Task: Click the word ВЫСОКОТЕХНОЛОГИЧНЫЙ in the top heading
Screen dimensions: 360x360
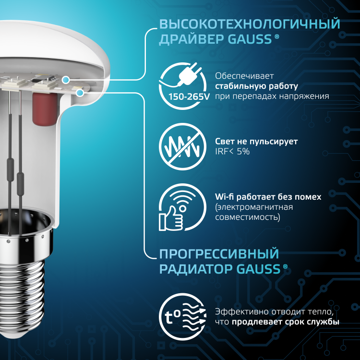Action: pos(250,24)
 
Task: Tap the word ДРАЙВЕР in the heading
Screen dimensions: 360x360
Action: pos(192,39)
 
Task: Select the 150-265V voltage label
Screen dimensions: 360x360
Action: pos(189,97)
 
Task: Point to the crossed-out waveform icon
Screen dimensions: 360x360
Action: pos(182,146)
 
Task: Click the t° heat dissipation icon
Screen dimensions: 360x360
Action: pos(182,317)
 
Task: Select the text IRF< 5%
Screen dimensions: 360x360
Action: pos(232,152)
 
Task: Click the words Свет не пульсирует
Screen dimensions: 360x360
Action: pos(256,142)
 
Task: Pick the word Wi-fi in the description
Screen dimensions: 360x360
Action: pos(224,197)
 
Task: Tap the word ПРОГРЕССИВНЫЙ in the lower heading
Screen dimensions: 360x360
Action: pos(219,254)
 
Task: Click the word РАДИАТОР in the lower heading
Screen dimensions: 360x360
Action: pos(196,269)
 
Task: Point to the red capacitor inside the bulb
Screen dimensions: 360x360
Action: pos(45,108)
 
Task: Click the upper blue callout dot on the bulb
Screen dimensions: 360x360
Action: pos(66,80)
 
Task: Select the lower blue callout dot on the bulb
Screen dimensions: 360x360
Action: pos(80,93)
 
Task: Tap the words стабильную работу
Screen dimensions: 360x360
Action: pos(256,86)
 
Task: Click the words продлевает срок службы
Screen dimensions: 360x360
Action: pos(286,322)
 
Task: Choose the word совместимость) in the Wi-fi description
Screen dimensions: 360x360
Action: pos(248,217)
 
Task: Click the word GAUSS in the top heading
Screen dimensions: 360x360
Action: pos(250,39)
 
